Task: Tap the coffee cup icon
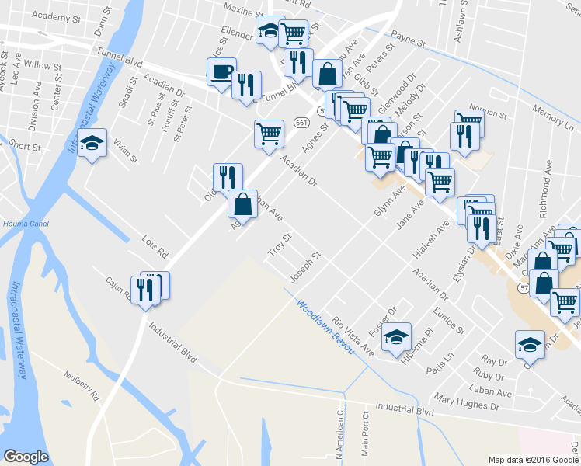221,72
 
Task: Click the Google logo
26,457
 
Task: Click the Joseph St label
304,268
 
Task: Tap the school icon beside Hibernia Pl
397,336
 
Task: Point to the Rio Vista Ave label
353,336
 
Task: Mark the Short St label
25,146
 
